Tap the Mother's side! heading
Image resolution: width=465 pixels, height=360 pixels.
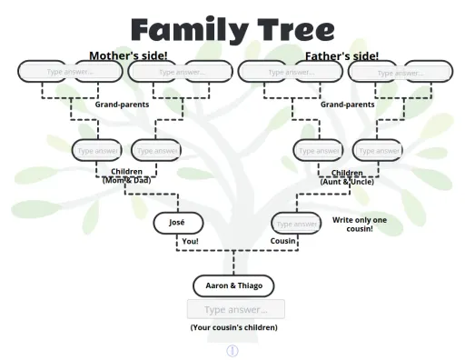pos(128,55)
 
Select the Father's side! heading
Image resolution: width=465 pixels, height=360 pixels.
pos(341,55)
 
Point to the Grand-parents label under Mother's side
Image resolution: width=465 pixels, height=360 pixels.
pos(122,105)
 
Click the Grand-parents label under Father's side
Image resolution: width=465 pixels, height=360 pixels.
pos(347,105)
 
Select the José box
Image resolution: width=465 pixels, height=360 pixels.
pos(177,222)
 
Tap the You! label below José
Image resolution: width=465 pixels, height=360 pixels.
pos(190,241)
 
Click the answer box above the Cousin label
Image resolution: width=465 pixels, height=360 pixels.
pos(296,223)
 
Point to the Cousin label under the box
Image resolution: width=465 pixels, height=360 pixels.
pos(284,241)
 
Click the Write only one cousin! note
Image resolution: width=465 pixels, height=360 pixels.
pos(360,225)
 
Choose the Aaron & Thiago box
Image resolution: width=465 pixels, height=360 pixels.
pos(233,285)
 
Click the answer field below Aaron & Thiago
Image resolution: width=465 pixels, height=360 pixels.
pos(236,309)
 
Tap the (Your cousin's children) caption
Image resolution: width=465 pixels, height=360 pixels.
pos(233,327)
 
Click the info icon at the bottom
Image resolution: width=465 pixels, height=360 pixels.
pos(232,350)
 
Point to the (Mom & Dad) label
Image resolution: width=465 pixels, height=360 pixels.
pos(126,181)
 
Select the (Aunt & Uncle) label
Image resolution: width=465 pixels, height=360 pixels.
pos(347,182)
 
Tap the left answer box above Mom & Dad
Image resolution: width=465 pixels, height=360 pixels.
pos(96,150)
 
